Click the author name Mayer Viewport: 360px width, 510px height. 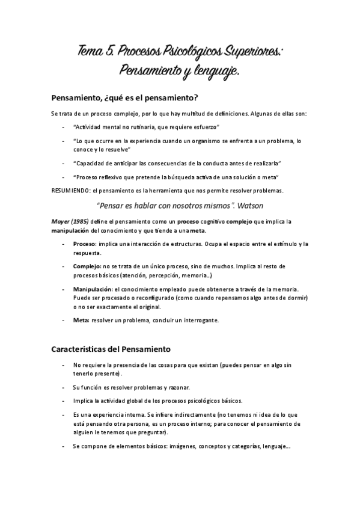click(x=63, y=221)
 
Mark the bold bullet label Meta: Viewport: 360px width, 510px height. click(x=81, y=320)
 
